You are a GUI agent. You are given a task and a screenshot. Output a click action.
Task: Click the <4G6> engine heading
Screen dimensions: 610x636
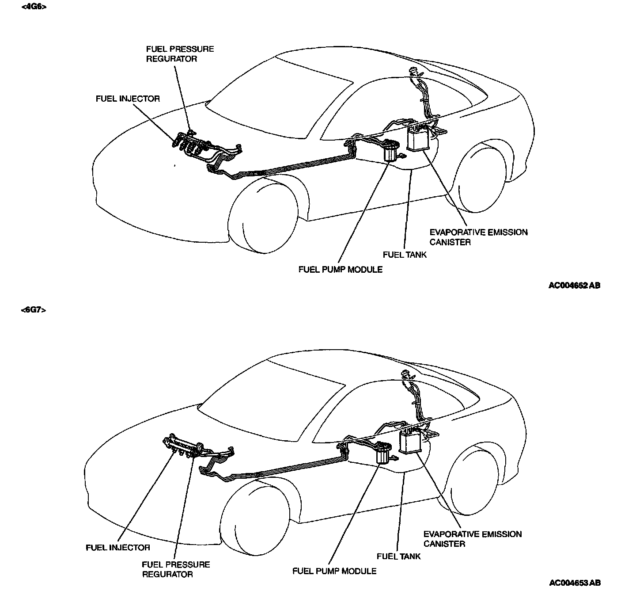click(x=34, y=7)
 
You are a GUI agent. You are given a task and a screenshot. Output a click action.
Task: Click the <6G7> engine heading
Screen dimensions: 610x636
click(x=34, y=310)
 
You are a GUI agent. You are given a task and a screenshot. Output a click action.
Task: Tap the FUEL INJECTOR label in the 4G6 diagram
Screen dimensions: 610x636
click(x=128, y=99)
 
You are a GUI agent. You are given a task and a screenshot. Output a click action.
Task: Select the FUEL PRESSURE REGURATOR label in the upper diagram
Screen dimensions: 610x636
click(x=180, y=54)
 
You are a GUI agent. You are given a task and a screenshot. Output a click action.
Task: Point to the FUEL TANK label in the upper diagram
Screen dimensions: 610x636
click(x=405, y=255)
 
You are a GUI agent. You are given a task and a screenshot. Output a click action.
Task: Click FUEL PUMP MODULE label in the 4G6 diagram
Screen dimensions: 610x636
click(x=340, y=269)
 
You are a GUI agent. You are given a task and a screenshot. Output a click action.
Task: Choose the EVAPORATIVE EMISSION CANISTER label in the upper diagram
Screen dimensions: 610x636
click(x=478, y=237)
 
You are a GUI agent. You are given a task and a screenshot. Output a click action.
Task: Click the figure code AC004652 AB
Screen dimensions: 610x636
click(x=574, y=286)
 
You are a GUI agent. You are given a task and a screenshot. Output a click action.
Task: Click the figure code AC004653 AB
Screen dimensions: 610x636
click(x=575, y=583)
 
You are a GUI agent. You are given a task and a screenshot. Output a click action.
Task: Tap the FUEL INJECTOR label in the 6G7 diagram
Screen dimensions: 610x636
click(x=118, y=547)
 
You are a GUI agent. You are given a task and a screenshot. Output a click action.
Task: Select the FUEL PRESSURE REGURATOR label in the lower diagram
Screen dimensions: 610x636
click(x=176, y=569)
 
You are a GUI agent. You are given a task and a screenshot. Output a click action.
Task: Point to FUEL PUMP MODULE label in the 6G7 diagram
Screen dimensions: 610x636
click(x=334, y=571)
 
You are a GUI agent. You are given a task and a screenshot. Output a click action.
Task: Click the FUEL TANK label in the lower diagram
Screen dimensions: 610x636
click(x=398, y=556)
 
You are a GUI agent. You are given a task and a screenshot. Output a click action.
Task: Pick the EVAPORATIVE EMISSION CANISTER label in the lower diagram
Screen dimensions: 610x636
click(x=472, y=539)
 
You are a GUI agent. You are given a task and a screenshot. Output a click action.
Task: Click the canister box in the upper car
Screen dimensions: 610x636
click(x=418, y=139)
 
